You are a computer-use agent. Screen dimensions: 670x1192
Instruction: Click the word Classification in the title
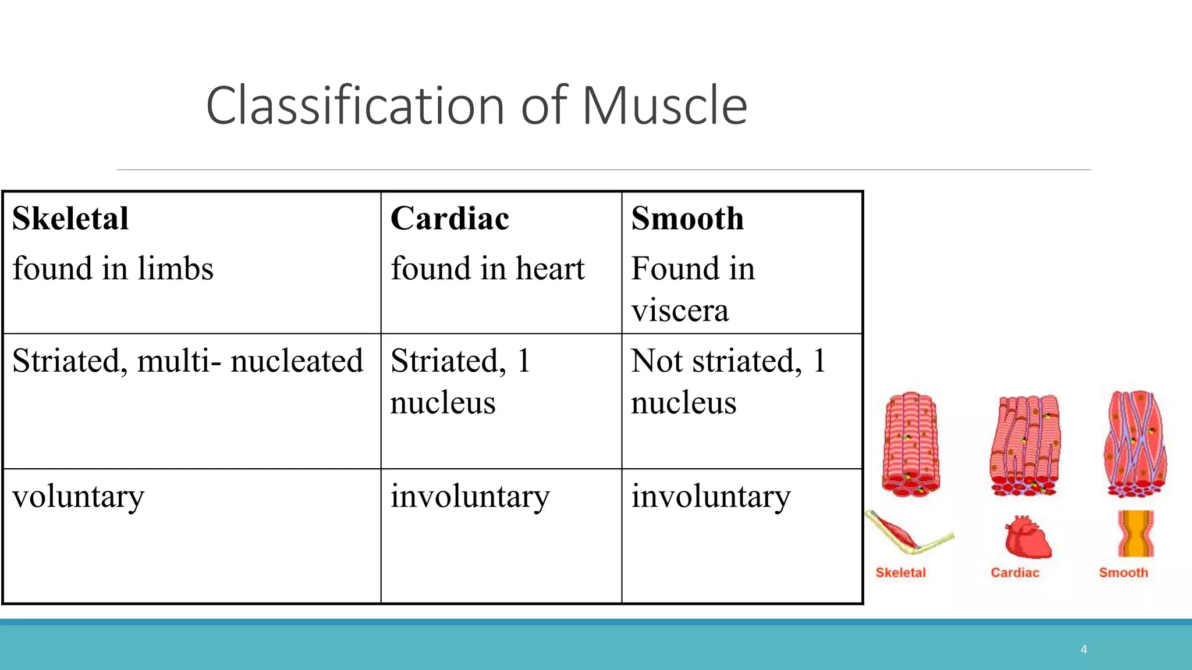pos(355,106)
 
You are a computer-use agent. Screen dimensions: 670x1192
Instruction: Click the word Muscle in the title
pos(664,106)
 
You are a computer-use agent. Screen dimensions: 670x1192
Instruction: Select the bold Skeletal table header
pos(70,219)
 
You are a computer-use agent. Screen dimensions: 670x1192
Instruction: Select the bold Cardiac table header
pos(449,219)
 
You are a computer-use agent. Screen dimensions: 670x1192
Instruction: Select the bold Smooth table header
pos(687,219)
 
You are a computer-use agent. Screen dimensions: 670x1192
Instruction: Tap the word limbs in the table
pos(175,269)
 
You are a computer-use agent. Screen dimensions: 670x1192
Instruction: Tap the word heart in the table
pos(550,269)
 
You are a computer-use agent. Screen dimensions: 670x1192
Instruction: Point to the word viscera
pos(680,311)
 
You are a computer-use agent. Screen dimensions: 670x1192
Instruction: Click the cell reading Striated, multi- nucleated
pos(187,361)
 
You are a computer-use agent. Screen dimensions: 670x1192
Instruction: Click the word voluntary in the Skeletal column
pos(78,497)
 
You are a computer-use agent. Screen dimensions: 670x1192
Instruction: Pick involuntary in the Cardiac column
pos(470,497)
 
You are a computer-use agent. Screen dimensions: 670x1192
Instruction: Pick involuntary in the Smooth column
pos(711,497)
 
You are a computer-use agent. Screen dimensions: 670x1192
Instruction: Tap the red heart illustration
pos(1027,537)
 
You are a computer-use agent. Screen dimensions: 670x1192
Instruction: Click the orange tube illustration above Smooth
pos(1135,534)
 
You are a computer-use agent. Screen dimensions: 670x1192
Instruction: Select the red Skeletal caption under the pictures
pos(900,573)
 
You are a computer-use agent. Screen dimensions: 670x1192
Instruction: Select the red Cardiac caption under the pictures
pos(1014,573)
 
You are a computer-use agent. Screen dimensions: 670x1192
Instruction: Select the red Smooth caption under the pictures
pos(1123,573)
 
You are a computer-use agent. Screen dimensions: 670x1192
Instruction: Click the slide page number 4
pos(1083,650)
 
